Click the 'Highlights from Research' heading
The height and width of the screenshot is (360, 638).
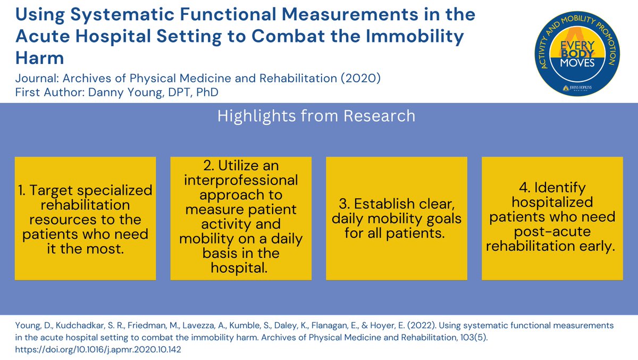tap(316, 116)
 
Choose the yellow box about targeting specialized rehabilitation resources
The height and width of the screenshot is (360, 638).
tap(85, 218)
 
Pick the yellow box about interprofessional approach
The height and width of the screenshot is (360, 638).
tap(241, 218)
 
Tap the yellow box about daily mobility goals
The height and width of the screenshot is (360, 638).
tap(397, 218)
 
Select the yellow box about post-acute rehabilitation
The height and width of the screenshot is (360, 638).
tap(552, 218)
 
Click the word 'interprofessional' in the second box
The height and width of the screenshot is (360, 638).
tap(241, 180)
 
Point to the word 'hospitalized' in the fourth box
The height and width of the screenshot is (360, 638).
tap(552, 203)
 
